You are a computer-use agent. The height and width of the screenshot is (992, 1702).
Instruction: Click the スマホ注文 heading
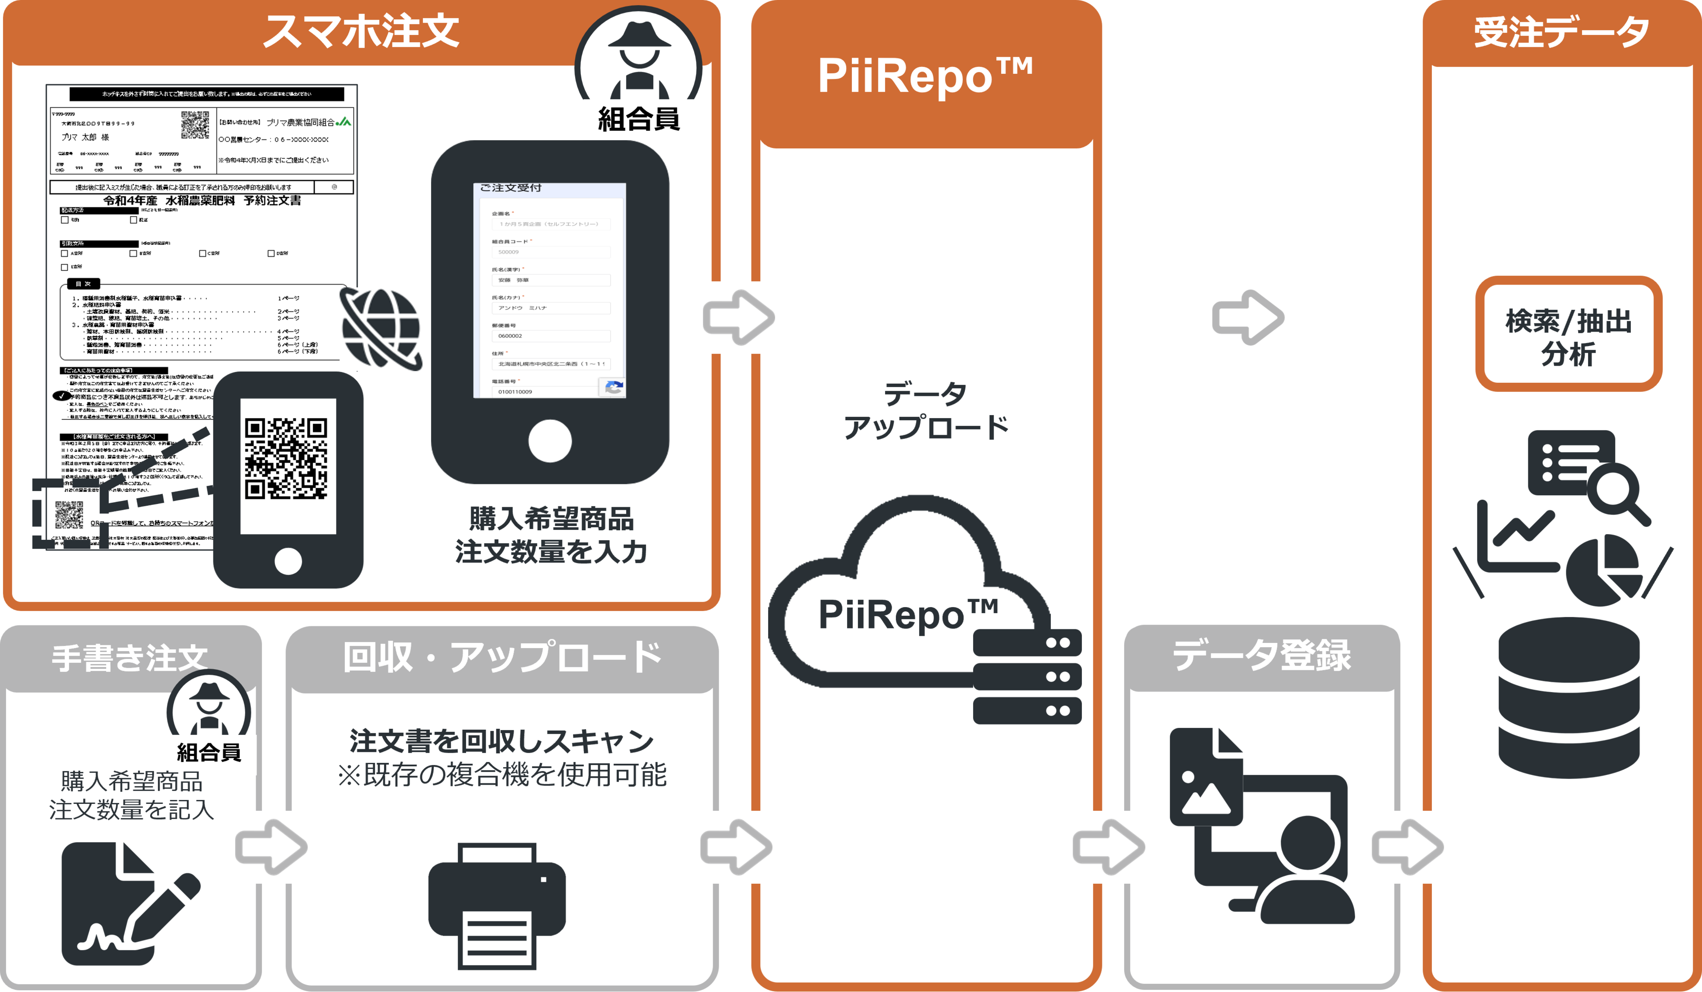tap(361, 32)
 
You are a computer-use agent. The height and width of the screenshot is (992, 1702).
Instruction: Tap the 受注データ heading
tap(1561, 32)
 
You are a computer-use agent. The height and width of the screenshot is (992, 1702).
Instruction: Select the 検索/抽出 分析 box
tap(1568, 335)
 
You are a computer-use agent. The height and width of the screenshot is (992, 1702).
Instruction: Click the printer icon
tap(497, 905)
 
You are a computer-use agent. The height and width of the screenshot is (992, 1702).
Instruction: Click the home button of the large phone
tap(550, 441)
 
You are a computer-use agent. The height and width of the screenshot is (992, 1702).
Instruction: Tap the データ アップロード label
tap(925, 410)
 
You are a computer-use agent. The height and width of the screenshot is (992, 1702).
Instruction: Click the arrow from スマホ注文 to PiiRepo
tap(738, 317)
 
